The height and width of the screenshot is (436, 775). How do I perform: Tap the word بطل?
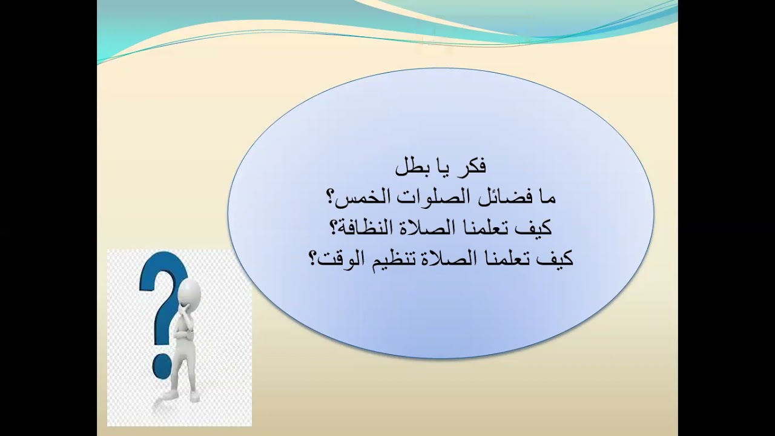click(x=411, y=167)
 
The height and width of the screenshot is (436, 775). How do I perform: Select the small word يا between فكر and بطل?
click(x=442, y=168)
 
